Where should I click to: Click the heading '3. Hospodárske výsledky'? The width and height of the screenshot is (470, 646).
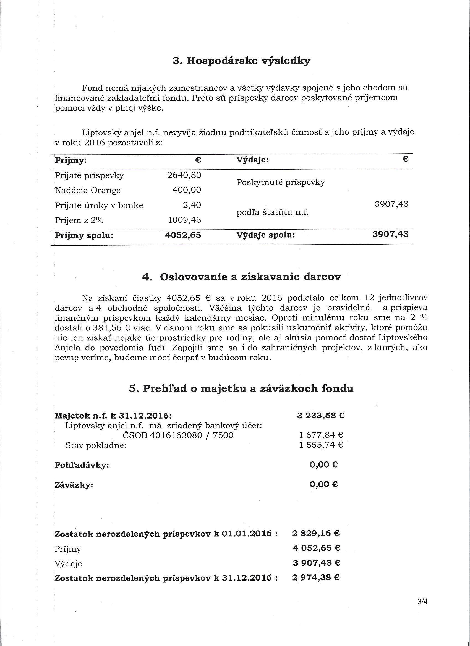click(241, 61)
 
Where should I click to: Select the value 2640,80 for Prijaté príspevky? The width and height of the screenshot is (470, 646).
click(184, 175)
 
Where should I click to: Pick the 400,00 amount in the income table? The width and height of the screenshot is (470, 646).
click(187, 190)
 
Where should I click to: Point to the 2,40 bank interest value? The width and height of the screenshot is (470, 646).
click(192, 205)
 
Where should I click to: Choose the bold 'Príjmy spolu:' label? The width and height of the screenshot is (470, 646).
click(84, 236)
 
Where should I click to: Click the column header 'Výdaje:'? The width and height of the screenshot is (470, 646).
click(252, 160)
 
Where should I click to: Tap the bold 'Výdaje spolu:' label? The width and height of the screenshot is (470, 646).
click(265, 235)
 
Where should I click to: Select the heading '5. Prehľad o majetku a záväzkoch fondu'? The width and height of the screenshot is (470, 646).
click(237, 388)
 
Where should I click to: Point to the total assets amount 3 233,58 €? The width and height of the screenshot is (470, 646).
click(321, 415)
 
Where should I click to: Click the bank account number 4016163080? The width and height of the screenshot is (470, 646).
click(175, 435)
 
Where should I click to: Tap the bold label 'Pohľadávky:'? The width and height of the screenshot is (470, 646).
click(82, 465)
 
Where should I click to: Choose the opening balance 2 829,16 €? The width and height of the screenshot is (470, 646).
click(315, 533)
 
